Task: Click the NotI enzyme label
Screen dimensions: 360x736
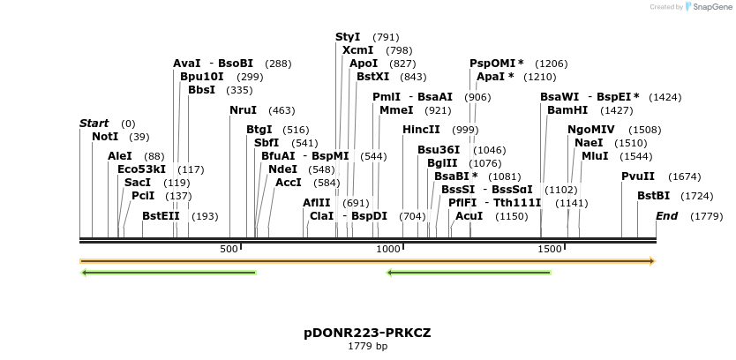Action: (x=104, y=137)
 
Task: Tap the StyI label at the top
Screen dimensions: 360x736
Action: (x=348, y=37)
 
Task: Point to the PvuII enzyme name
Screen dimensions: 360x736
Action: (x=638, y=176)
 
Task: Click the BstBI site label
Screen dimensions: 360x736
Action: (x=654, y=196)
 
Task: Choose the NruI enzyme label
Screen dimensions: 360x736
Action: (x=243, y=110)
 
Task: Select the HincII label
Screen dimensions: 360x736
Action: (x=421, y=130)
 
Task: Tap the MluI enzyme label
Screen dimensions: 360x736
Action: (x=594, y=156)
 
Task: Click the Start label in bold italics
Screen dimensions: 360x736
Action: (x=94, y=124)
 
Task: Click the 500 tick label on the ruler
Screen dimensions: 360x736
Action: (x=229, y=250)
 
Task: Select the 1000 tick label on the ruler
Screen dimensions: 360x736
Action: (x=389, y=250)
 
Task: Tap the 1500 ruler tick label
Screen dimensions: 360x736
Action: (x=549, y=250)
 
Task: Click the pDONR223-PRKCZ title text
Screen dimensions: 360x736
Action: (x=367, y=333)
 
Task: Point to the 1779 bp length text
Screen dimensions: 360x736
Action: (x=367, y=346)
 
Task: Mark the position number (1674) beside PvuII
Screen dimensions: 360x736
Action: (x=684, y=176)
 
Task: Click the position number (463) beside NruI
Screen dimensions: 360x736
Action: (x=282, y=110)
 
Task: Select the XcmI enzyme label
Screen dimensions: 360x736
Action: (x=357, y=50)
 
